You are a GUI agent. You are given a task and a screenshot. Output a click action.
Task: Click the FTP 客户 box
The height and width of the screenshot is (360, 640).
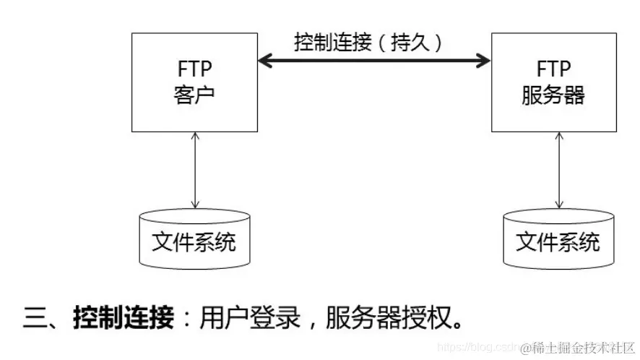click(194, 82)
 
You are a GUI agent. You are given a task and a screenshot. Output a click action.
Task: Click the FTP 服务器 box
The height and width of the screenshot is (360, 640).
click(553, 82)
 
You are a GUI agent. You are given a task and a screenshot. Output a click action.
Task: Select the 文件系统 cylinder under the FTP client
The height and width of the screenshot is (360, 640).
click(194, 239)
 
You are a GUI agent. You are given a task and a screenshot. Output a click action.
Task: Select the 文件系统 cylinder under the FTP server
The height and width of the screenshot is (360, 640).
click(558, 239)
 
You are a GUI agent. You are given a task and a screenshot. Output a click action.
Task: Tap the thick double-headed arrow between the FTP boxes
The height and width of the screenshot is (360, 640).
click(374, 61)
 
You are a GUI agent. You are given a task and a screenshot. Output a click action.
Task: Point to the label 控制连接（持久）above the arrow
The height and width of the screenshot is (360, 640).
click(368, 41)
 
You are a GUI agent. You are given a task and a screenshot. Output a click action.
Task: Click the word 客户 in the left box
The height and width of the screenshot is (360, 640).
click(194, 95)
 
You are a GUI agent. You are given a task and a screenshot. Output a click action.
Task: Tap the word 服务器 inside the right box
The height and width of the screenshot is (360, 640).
click(553, 95)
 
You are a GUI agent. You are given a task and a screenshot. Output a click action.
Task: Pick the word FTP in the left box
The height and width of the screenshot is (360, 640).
click(194, 70)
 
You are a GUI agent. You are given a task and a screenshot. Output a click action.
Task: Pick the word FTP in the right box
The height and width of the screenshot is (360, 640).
click(553, 70)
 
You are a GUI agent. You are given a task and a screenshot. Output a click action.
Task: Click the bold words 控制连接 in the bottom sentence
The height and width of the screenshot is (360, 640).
click(124, 317)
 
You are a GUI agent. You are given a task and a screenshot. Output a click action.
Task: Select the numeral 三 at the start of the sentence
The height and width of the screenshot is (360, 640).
click(36, 317)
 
